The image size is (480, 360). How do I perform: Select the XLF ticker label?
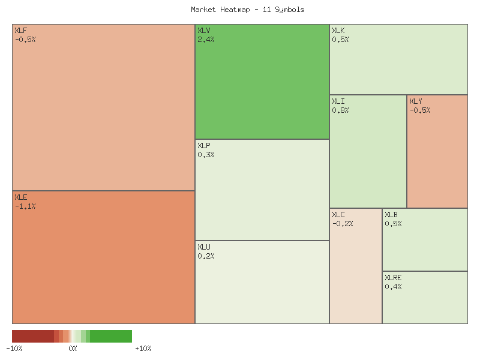20,31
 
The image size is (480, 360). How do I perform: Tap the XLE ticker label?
20,197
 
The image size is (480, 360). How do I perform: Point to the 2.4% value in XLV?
206,40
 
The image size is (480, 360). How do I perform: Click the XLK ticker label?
338,31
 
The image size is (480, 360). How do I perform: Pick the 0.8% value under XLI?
340,110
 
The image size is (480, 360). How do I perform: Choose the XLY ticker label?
416,101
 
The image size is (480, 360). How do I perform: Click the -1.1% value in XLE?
25,206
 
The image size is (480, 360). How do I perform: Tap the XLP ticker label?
204,146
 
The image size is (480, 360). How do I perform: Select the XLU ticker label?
204,247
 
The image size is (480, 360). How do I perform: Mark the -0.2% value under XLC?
343,224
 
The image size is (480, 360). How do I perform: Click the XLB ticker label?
391,215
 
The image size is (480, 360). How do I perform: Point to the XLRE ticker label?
393,278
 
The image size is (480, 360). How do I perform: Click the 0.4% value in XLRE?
393,287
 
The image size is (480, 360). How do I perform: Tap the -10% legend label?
14,349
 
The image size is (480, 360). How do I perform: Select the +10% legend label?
143,349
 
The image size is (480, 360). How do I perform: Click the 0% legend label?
73,349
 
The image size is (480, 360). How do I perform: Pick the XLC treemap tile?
356,276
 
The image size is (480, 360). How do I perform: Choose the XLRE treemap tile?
425,303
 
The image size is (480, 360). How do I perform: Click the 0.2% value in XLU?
206,256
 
